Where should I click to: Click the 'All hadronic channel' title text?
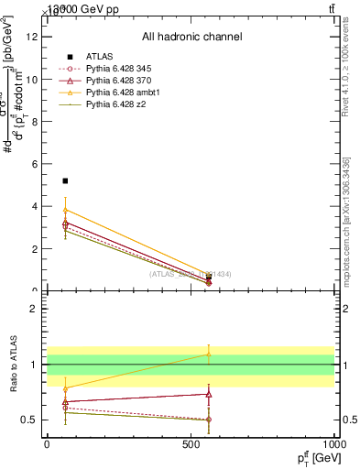191,38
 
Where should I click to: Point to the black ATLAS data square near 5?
65,181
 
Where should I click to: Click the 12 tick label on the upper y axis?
35,37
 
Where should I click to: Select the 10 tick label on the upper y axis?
35,79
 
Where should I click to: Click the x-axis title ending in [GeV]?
316,458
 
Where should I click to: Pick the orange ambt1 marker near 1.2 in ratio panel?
209,354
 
